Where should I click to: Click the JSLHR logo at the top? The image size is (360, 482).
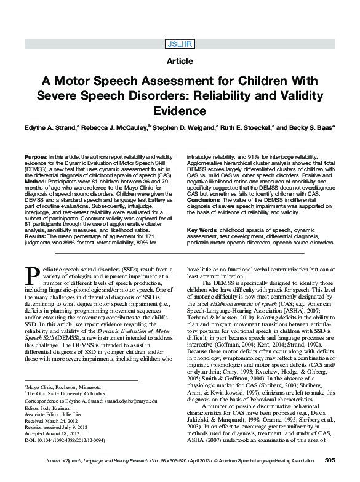[179, 44]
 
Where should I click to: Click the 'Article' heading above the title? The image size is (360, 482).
[179, 62]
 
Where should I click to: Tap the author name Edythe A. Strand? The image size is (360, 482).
[54, 131]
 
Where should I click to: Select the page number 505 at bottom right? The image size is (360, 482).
[329, 460]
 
